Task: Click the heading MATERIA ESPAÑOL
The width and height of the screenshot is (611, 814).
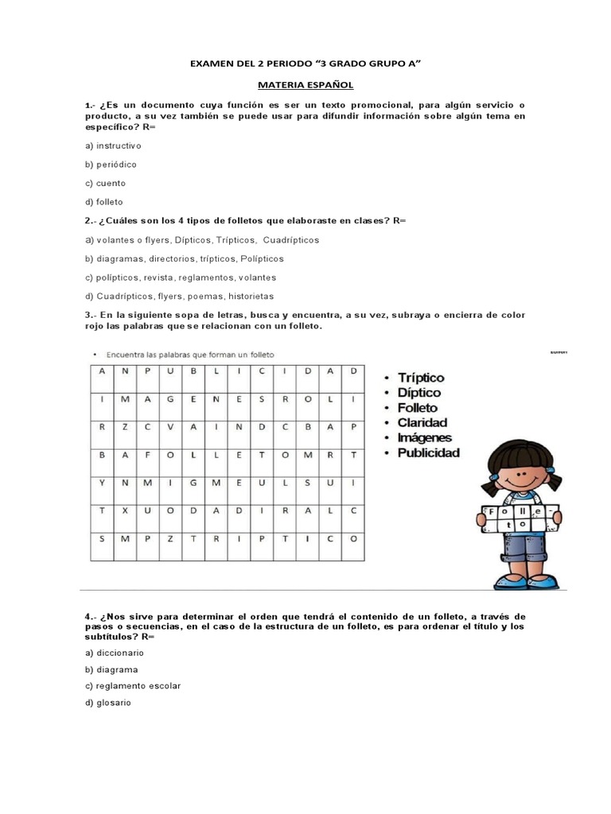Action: pyautogui.click(x=305, y=83)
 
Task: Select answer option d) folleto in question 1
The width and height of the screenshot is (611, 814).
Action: pyautogui.click(x=104, y=202)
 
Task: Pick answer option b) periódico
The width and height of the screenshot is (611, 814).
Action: pyautogui.click(x=111, y=164)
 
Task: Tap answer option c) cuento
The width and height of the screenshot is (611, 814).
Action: pyautogui.click(x=105, y=183)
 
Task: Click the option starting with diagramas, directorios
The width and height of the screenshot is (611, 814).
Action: pyautogui.click(x=184, y=258)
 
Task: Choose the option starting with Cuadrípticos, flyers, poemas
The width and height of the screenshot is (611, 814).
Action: pyautogui.click(x=179, y=296)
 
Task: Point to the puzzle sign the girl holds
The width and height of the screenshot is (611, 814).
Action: pyautogui.click(x=517, y=517)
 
